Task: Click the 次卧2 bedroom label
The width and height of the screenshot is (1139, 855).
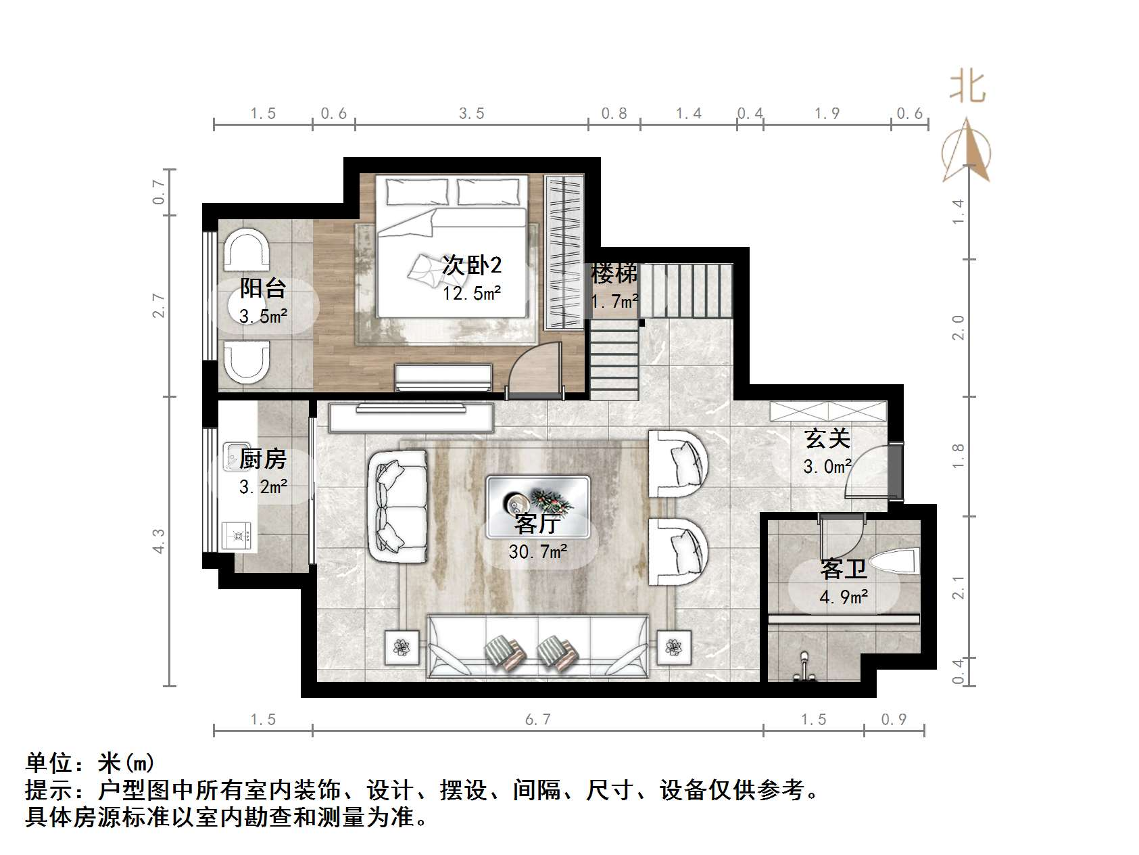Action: [x=472, y=265]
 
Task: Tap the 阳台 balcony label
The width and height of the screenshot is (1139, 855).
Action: [x=263, y=289]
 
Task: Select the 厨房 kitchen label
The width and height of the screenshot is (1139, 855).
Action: [x=263, y=459]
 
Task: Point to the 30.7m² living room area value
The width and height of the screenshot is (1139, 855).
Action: [x=537, y=552]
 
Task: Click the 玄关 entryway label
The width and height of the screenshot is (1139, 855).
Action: [x=827, y=439]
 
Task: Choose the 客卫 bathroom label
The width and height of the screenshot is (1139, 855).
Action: [x=843, y=570]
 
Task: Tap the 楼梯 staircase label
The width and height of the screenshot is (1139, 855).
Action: [x=614, y=274]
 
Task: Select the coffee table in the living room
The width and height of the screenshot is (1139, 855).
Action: [x=538, y=501]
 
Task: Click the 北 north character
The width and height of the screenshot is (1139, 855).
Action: [x=967, y=88]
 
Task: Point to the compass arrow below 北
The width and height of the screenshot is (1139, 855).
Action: [x=967, y=152]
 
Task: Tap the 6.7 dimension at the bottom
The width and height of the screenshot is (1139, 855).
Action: [x=538, y=720]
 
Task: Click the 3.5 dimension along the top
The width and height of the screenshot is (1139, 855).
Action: [x=472, y=114]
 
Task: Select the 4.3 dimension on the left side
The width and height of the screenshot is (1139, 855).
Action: [x=159, y=541]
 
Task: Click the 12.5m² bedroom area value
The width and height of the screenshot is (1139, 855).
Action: [x=472, y=294]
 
